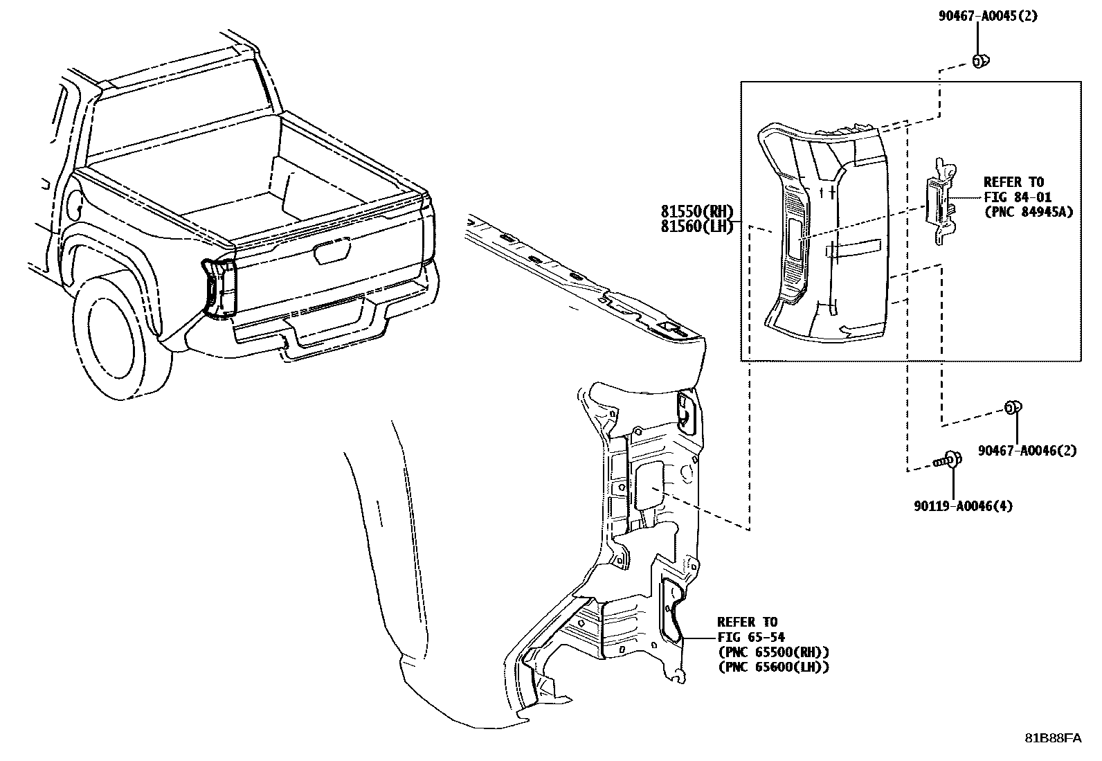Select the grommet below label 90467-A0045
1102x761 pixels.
tap(979, 62)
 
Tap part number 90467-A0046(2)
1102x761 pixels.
tap(1027, 451)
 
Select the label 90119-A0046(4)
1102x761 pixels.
tap(962, 506)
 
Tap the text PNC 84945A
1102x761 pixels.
tap(1028, 213)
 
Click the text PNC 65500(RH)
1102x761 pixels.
tap(773, 652)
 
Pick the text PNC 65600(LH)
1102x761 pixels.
tap(773, 668)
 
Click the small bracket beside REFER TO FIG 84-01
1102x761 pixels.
tap(940, 201)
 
